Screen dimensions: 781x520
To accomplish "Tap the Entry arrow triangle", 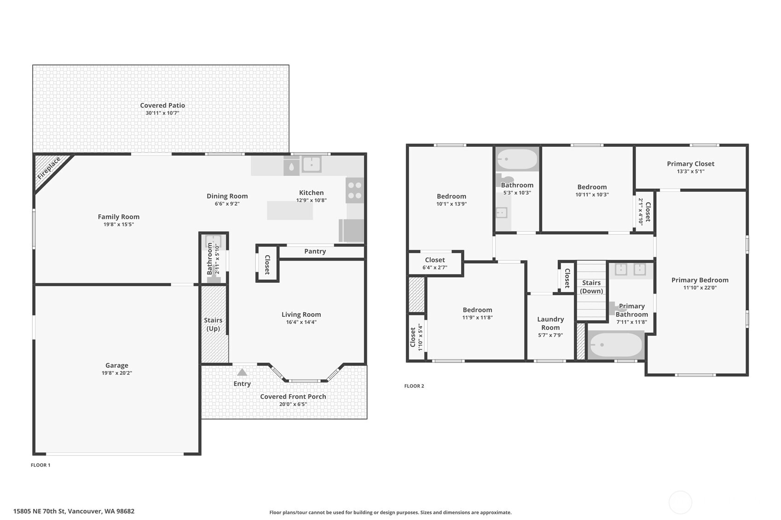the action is [x=242, y=372].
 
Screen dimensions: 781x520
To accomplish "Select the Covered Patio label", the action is [x=162, y=105].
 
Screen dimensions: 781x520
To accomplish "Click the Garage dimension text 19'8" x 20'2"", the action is [x=117, y=373].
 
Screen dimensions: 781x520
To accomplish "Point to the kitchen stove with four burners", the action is [x=354, y=190].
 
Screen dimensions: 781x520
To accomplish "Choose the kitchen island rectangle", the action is [x=290, y=211].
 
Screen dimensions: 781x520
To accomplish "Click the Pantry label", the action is [x=315, y=251].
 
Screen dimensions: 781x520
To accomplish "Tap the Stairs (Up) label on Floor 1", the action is [x=213, y=324].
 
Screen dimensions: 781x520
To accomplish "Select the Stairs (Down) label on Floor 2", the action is [x=591, y=287].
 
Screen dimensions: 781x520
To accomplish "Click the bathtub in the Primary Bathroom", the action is [x=616, y=345].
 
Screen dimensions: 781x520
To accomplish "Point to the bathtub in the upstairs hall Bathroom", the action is [x=517, y=159].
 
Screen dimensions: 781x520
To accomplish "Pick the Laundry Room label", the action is [x=550, y=323].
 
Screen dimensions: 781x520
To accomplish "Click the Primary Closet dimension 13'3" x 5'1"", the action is [x=691, y=171].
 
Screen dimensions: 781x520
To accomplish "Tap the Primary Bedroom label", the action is [x=700, y=280].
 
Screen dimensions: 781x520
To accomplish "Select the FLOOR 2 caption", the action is [x=414, y=386].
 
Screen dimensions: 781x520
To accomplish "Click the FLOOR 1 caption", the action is [x=40, y=465].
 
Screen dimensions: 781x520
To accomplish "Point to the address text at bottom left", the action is [x=74, y=511].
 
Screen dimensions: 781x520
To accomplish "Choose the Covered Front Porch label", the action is [x=293, y=396].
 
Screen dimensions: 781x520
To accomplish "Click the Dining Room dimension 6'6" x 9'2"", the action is [x=227, y=204].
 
